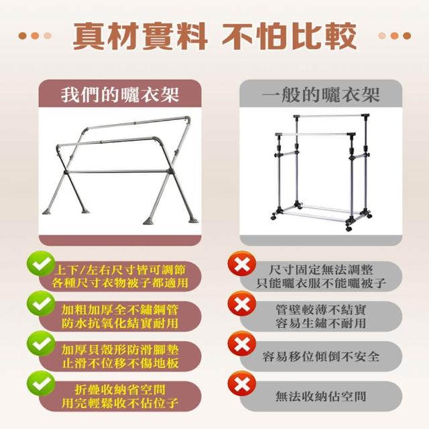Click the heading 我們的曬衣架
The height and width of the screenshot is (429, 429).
click(x=120, y=95)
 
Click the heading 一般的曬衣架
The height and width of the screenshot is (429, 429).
click(x=321, y=95)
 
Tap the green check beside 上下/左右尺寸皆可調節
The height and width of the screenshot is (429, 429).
click(x=40, y=263)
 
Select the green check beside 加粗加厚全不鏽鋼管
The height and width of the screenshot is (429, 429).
click(x=41, y=304)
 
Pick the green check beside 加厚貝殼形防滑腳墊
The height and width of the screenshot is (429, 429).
click(x=41, y=344)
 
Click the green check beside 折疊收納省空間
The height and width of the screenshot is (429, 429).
click(x=41, y=383)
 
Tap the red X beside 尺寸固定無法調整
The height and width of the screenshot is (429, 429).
click(x=241, y=264)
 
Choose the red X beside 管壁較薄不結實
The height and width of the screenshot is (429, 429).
click(x=241, y=304)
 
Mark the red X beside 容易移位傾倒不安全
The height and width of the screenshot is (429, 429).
click(x=241, y=344)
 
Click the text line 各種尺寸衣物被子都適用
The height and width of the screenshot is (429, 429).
click(x=120, y=283)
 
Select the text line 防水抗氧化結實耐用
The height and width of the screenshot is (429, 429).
click(x=120, y=323)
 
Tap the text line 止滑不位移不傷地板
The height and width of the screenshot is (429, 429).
click(x=120, y=363)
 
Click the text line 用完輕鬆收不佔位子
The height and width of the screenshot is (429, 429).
click(x=120, y=403)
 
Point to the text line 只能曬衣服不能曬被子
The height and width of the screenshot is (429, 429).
click(x=321, y=283)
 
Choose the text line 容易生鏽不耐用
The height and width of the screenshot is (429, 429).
click(x=321, y=323)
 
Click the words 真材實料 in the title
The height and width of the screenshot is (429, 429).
click(x=140, y=36)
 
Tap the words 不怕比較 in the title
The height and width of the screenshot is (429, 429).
click(x=289, y=36)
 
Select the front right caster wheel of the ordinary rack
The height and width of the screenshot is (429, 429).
click(x=349, y=227)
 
